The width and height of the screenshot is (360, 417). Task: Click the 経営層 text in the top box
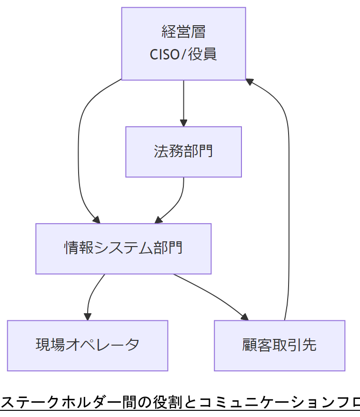pyautogui.click(x=183, y=32)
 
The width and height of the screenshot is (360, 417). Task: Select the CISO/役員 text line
pyautogui.click(x=183, y=54)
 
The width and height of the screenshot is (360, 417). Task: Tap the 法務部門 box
pyautogui.click(x=183, y=152)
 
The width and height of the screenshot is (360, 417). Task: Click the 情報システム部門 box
pyautogui.click(x=123, y=248)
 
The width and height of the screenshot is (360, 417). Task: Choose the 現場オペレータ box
pyautogui.click(x=88, y=345)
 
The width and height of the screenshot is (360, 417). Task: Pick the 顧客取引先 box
pyautogui.click(x=279, y=345)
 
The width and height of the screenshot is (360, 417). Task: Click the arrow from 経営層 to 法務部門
pyautogui.click(x=184, y=102)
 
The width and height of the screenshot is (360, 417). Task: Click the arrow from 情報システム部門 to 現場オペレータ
pyautogui.click(x=91, y=295)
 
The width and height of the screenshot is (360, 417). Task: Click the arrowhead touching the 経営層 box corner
pyautogui.click(x=249, y=82)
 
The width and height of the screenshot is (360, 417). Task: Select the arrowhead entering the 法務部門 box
pyautogui.click(x=184, y=123)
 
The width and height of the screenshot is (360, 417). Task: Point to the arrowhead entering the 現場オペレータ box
pyautogui.click(x=88, y=317)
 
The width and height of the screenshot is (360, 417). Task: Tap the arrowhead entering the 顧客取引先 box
pyautogui.click(x=245, y=317)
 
